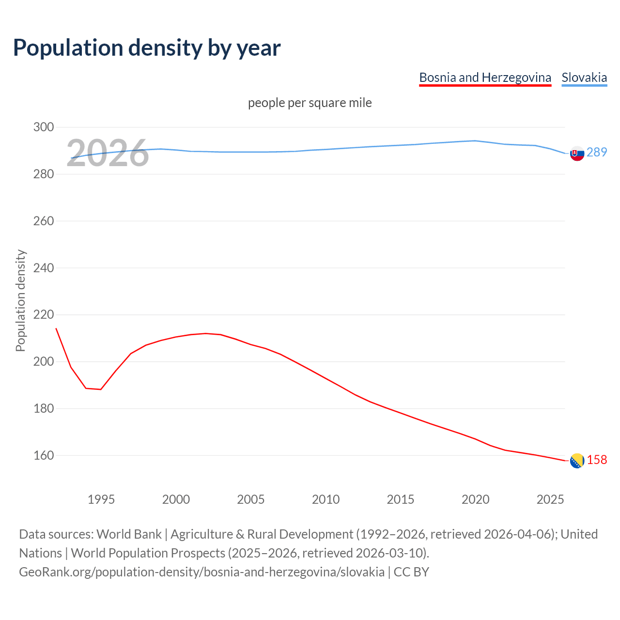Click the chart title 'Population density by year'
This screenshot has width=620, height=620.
coord(147,48)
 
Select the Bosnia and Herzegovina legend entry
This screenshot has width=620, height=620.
coord(485,77)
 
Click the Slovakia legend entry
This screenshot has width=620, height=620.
coord(584,77)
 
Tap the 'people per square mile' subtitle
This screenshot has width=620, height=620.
coord(310,103)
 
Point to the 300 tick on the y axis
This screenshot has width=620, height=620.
coord(44,127)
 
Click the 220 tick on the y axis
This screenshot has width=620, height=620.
coord(44,315)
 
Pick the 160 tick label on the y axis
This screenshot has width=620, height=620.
coord(44,456)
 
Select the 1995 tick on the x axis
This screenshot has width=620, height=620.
coord(101,499)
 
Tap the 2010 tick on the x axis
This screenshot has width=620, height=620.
coord(325,499)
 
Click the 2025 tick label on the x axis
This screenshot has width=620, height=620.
coord(550,499)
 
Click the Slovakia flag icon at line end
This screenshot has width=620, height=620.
coord(577,154)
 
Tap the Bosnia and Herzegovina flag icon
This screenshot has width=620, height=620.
coord(577,461)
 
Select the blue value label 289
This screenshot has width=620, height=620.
coord(597,153)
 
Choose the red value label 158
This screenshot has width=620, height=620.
coord(597,460)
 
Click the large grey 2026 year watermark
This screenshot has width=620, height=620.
coord(108,154)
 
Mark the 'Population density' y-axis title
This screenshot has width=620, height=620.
coord(20,300)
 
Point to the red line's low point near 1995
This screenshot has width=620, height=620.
coord(101,389)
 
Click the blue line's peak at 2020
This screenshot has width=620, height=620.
coord(475,141)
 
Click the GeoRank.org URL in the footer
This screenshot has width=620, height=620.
coord(201,572)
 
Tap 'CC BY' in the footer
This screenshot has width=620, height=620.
coord(411,572)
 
